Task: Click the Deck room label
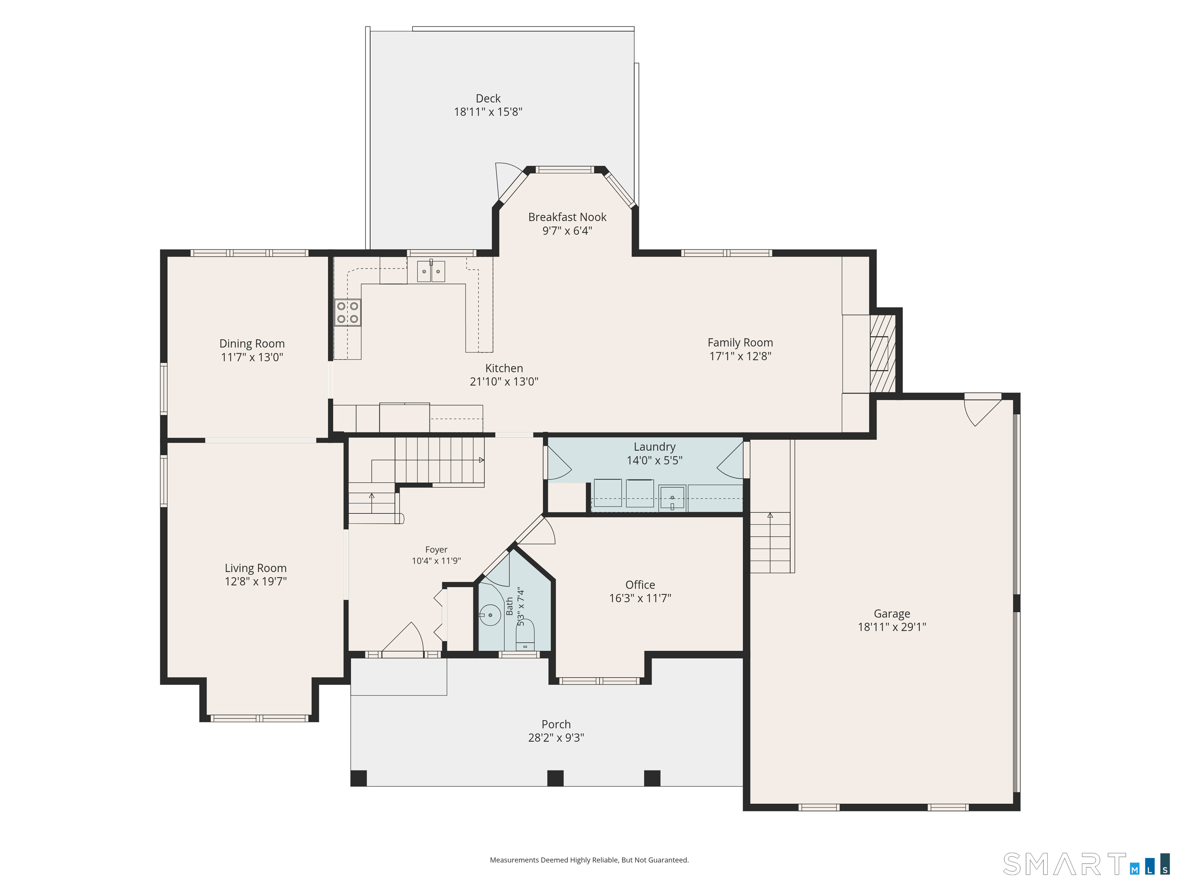pos(488,99)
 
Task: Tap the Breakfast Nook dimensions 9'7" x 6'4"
pos(567,231)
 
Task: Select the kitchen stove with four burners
pos(347,313)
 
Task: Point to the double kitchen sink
pos(431,271)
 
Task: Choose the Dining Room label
pos(252,344)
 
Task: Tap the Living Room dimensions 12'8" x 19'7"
pos(256,581)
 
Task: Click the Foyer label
pos(436,549)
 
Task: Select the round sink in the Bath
pos(490,615)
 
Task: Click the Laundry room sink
pos(672,498)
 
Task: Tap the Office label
pos(640,585)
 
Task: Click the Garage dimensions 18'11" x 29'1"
pos(892,627)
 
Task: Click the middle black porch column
pos(555,778)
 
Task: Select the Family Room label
pos(740,343)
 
